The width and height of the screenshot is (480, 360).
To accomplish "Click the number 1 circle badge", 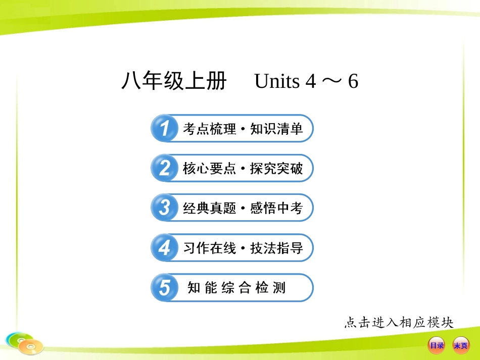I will [x=164, y=129].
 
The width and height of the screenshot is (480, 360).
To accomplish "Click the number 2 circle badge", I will [x=164, y=169].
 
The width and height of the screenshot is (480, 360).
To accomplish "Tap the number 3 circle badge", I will [x=164, y=208].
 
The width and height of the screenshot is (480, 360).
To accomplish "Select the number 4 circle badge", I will [x=164, y=248].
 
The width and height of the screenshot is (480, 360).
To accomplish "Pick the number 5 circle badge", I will [x=164, y=288].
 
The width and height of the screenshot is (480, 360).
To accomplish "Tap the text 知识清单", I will [x=276, y=129].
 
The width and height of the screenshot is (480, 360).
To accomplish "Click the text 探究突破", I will [x=276, y=169].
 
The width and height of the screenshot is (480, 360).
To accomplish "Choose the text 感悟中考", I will [x=276, y=209].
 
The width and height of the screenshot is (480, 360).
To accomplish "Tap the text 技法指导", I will [x=276, y=248].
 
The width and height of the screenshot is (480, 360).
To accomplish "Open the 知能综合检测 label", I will [x=236, y=288].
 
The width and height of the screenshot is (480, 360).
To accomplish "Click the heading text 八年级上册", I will [x=174, y=81].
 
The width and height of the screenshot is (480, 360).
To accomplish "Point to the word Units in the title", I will [x=277, y=81].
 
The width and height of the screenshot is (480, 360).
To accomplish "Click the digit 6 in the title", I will [x=353, y=81].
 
